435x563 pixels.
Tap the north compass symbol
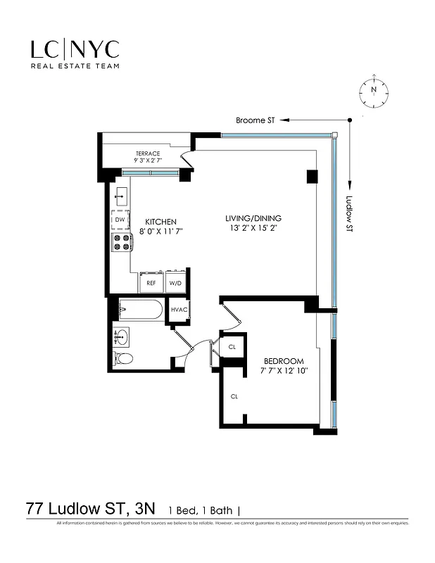click(x=374, y=91)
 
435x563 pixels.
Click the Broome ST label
click(x=255, y=120)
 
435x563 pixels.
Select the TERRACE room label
click(x=148, y=153)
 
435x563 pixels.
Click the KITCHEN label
click(x=160, y=220)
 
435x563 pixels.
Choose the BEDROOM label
click(x=284, y=360)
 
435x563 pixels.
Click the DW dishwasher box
click(x=120, y=220)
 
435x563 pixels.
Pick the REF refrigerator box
click(x=151, y=283)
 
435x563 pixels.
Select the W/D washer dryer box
click(x=175, y=283)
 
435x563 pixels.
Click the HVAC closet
click(x=178, y=310)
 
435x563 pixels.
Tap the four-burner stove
click(x=120, y=243)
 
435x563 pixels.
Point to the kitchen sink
click(x=120, y=195)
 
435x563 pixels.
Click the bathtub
click(x=141, y=310)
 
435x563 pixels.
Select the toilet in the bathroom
click(x=124, y=358)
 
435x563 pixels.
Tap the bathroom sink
click(x=122, y=336)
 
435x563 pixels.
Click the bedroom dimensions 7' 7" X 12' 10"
click(x=284, y=370)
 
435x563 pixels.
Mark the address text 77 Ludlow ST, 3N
click(x=92, y=508)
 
